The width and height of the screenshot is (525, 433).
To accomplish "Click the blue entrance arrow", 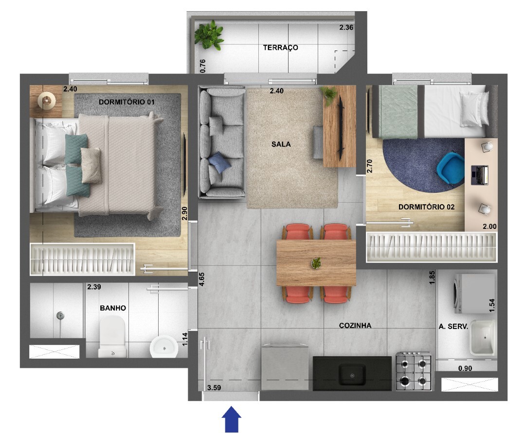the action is tap(231, 419).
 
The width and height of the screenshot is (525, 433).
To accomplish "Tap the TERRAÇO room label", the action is tap(280, 48).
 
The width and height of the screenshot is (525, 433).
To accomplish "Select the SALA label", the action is tap(281, 144).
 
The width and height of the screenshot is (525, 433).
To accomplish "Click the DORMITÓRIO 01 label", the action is tap(127, 102).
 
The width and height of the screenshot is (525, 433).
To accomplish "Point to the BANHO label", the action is tap(113, 308).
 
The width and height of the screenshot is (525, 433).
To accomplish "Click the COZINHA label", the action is tap(355, 325).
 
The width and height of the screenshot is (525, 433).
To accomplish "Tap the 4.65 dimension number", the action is tap(201, 279).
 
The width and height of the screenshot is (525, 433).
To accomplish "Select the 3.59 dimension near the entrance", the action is tap(214, 387).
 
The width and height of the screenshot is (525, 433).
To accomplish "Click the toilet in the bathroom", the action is tap(112, 336).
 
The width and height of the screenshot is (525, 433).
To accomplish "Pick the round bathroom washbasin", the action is tap(163, 347).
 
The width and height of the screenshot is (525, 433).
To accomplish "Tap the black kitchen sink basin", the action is tap(352, 375).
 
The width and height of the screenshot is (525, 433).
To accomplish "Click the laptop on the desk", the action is tap(479, 175).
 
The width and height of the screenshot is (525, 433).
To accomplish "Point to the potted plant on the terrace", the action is tap(209, 35).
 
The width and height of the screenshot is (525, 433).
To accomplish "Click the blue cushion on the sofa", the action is tap(219, 162).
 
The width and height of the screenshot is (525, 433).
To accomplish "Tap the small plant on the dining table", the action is tap(316, 263).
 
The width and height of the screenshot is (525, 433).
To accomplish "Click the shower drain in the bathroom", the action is tap(60, 315).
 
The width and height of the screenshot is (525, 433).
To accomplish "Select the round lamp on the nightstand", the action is tap(46, 100).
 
